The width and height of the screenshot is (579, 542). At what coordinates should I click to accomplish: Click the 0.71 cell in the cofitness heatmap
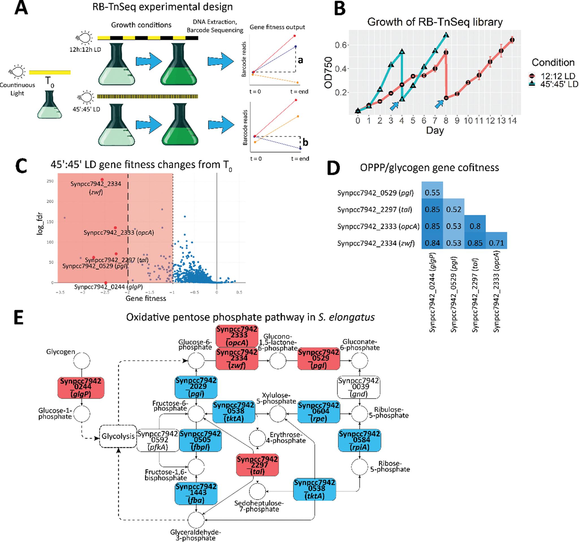[496, 243]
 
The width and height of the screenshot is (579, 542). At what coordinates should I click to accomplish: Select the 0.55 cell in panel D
[432, 192]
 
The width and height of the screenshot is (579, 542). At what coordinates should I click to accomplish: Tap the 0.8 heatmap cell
[475, 226]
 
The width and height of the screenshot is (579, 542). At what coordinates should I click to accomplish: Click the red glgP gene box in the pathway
[81, 388]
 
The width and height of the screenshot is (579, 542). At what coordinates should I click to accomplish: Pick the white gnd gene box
[358, 388]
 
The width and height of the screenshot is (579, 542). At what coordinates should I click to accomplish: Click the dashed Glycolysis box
[118, 436]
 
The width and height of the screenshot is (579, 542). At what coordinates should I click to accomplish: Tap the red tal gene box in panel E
[257, 465]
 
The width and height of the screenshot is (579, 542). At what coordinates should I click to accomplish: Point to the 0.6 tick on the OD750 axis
[341, 45]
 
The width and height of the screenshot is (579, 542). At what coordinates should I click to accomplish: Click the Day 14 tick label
[512, 120]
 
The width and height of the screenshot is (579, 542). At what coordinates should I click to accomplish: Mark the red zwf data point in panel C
[102, 180]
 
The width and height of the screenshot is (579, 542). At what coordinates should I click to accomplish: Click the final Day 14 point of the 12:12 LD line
[512, 40]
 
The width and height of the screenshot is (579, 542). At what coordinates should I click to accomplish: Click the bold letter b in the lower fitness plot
[305, 143]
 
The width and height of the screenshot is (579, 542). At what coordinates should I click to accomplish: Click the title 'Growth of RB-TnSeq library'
[435, 22]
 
